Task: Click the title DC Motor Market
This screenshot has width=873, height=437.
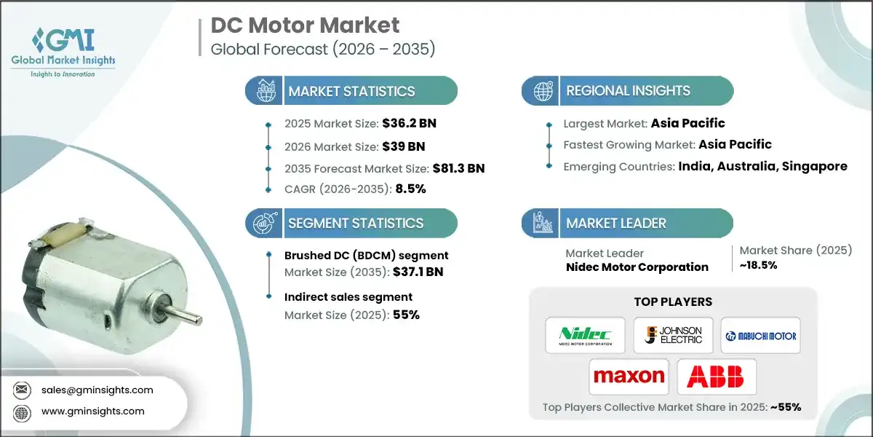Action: [305, 25]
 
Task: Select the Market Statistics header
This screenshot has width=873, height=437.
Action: [351, 91]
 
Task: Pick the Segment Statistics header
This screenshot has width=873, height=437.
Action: [355, 224]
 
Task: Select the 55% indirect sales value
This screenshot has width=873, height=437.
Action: [406, 315]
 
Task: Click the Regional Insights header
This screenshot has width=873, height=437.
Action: [628, 91]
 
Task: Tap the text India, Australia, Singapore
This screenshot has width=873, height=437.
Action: [762, 166]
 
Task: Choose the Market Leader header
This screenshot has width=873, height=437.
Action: [615, 224]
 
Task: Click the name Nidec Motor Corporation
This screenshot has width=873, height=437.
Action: [637, 267]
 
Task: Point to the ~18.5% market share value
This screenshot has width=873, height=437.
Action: [758, 265]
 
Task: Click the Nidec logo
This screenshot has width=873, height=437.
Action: [585, 336]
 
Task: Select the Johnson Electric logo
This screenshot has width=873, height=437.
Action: [673, 336]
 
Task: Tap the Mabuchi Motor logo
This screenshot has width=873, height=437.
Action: [760, 336]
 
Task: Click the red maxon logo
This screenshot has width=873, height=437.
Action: [629, 377]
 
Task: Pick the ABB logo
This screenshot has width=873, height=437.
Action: [716, 377]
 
